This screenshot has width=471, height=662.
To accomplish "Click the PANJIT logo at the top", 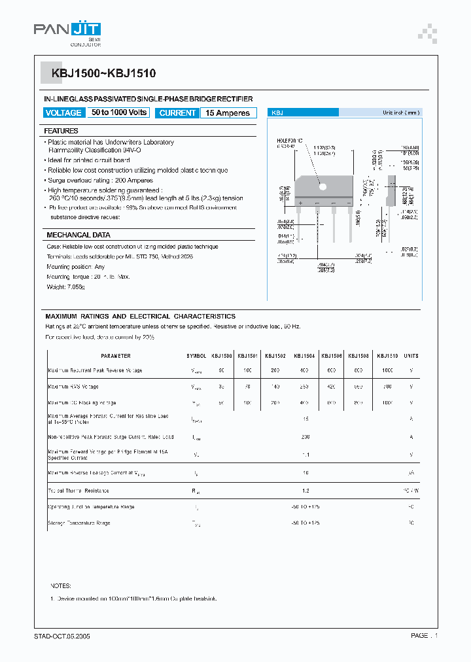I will coord(67,30).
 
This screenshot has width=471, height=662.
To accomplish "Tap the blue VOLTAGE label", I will coord(63,113).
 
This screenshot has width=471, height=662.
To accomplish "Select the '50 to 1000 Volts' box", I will coord(120,113).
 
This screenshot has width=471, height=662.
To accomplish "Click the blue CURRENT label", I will coord(177,113).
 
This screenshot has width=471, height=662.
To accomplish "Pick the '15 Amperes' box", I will coord(228,113).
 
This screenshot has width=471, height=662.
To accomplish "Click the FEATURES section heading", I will coord(62,131).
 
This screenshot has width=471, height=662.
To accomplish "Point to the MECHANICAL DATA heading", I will coord(78,235).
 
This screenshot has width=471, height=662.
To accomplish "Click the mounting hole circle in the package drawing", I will coord(322,186).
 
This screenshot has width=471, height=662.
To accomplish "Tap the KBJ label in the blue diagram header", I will coord(277,113).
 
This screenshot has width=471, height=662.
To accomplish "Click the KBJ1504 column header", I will coord(304,356).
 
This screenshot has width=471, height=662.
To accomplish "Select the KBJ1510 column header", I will coord(387,356).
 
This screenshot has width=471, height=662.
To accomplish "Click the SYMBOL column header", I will coord(196,356).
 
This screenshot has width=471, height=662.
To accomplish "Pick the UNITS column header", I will coord(411,356).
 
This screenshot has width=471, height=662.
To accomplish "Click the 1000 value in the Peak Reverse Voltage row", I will coord(387,370).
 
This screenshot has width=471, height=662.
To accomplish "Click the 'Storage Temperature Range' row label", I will coord(78,523).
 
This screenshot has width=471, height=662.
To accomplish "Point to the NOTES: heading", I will coord(61,586).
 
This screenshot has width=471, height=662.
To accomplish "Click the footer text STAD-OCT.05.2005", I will coord(64,635).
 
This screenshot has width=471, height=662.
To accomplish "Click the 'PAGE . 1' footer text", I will coord(424,635).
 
